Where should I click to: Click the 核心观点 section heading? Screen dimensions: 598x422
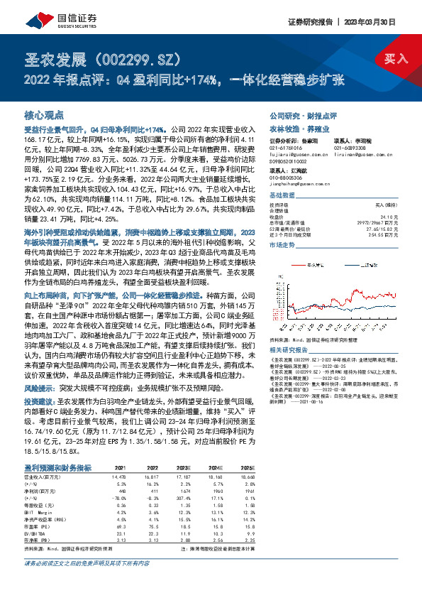coord(44,114)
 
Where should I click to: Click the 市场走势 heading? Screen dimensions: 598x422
coord(284,244)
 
